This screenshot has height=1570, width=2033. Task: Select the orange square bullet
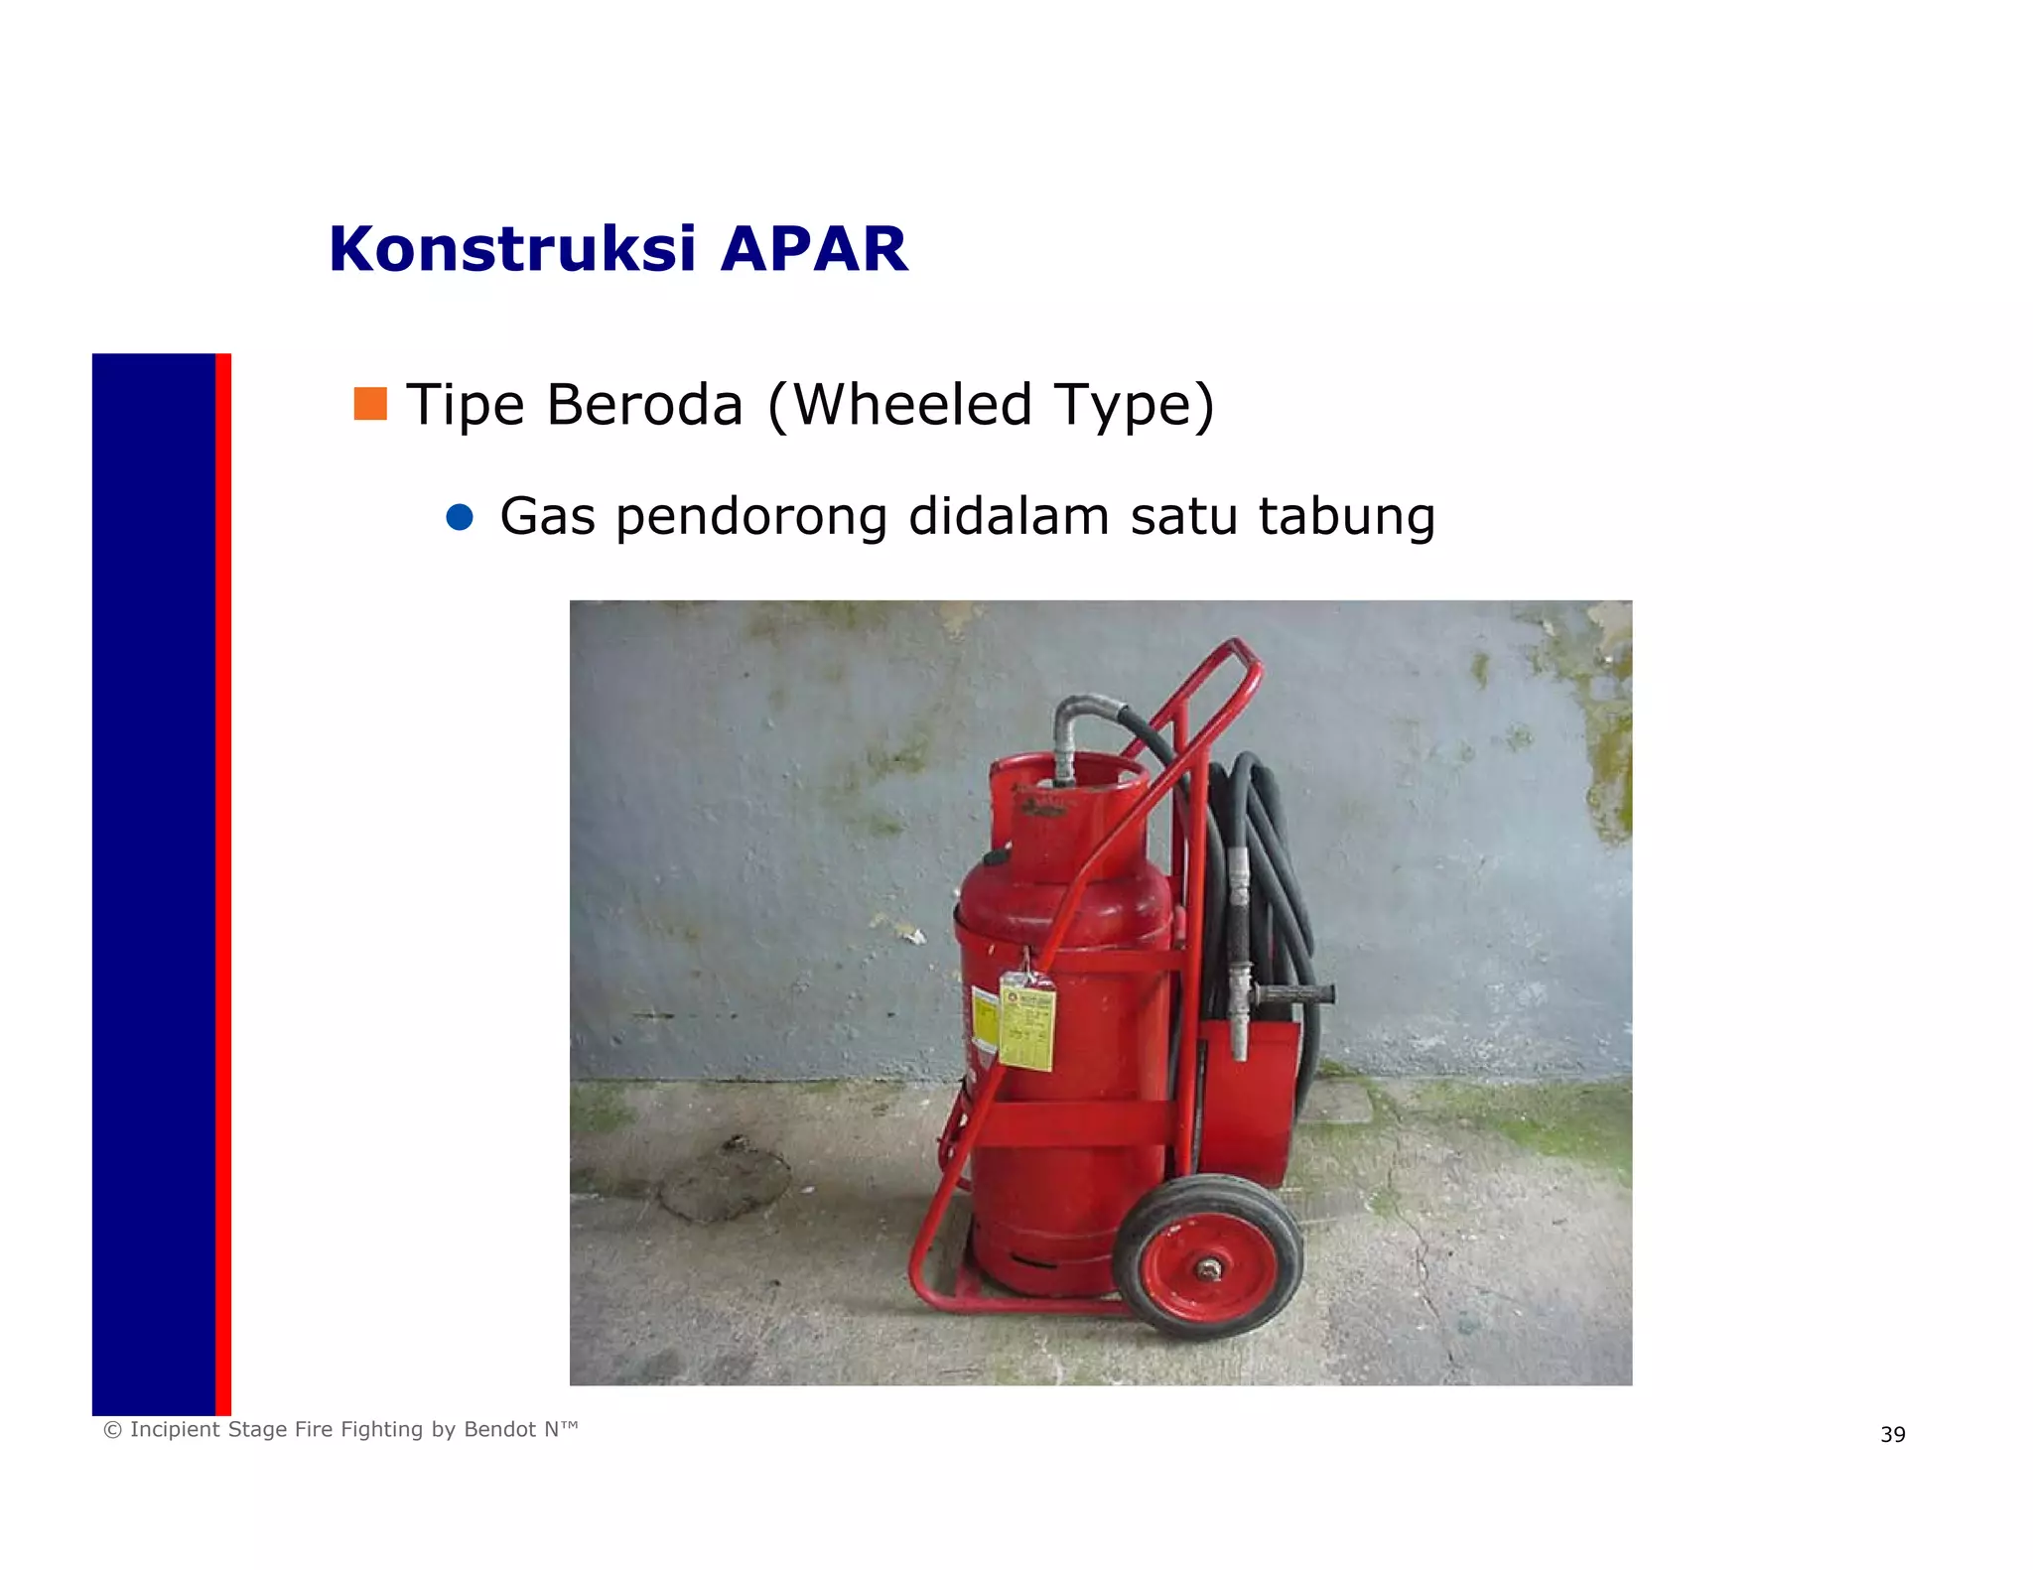point(370,403)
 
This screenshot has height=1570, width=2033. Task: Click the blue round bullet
point(460,517)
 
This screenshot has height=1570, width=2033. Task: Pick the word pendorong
point(751,517)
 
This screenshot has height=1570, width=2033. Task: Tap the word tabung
point(1346,517)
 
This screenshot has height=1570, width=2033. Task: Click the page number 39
point(1892,1434)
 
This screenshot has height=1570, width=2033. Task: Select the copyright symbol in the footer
point(113,1430)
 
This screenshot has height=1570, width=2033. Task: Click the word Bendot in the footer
point(499,1429)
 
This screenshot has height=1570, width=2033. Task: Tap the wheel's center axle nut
point(1209,1267)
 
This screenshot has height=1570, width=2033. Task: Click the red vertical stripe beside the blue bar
point(223,883)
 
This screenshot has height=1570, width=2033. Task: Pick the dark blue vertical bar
point(154,883)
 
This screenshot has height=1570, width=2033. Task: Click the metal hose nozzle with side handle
point(1241,992)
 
